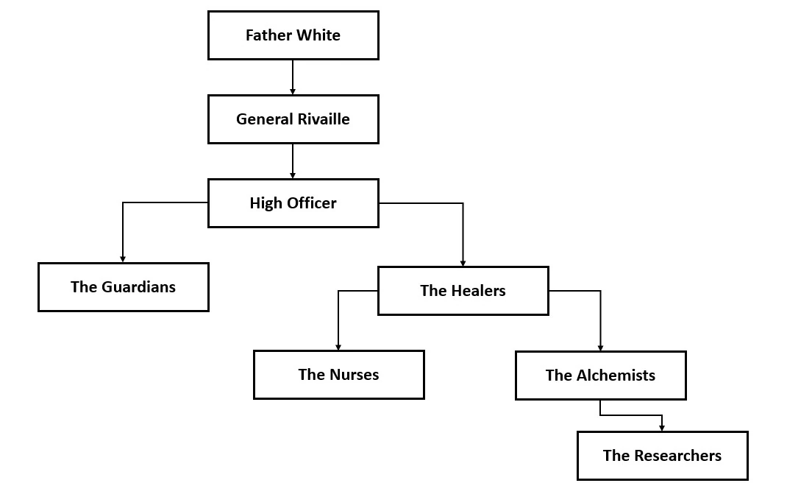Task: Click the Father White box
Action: click(293, 35)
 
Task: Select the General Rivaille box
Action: click(293, 119)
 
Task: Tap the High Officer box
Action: click(293, 203)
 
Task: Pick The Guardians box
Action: click(123, 287)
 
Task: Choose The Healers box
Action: click(463, 291)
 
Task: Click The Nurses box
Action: click(338, 375)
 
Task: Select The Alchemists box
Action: click(600, 376)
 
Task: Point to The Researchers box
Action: click(662, 456)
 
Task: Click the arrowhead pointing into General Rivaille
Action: click(293, 91)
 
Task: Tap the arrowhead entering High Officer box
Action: click(293, 175)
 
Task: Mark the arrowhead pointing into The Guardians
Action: click(123, 259)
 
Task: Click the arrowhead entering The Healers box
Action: click(463, 263)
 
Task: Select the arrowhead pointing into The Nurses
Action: click(338, 347)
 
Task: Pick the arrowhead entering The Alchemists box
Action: click(600, 348)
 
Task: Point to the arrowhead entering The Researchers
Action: click(662, 428)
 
